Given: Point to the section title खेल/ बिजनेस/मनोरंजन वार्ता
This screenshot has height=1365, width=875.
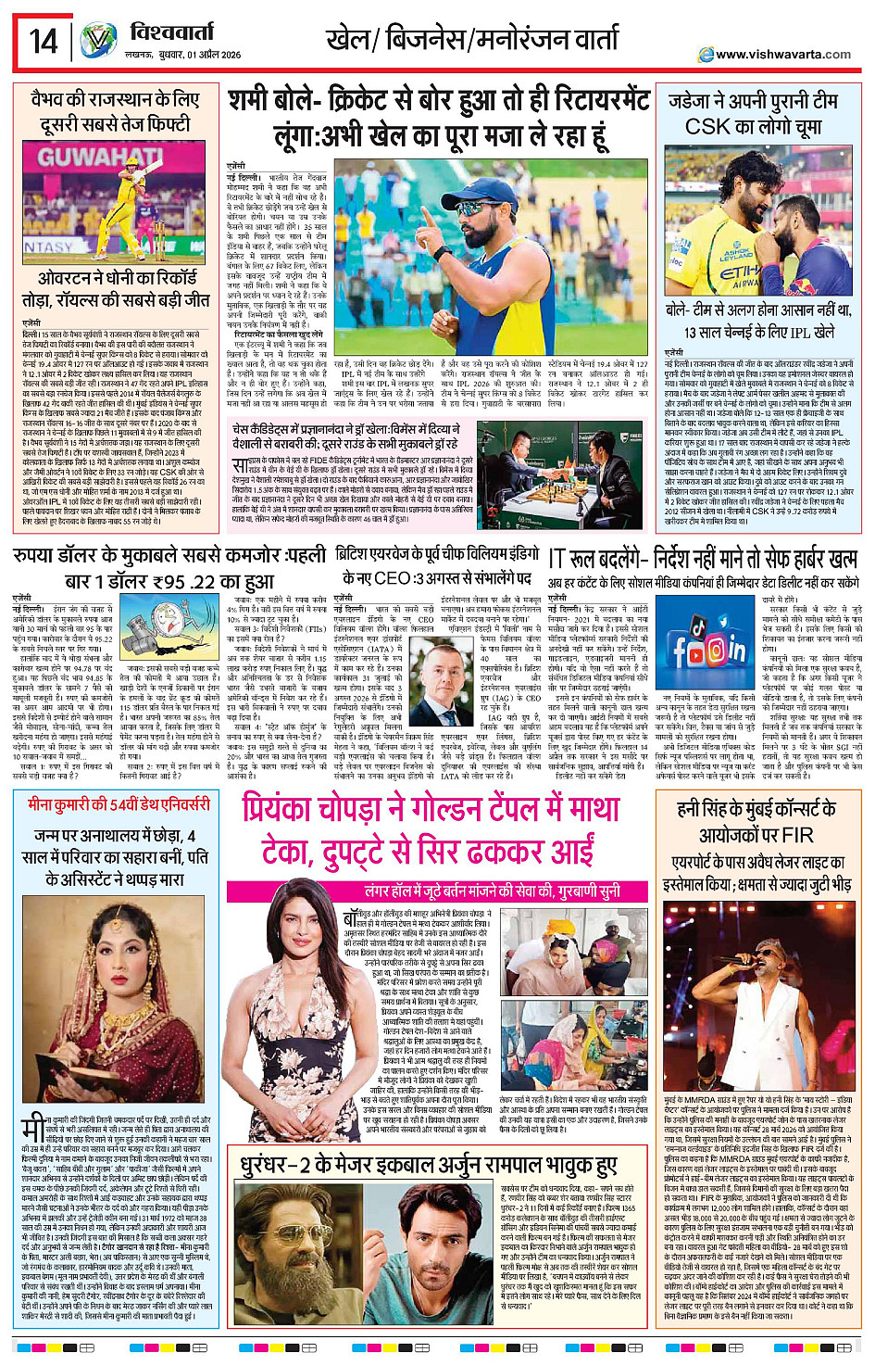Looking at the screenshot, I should coord(471,40).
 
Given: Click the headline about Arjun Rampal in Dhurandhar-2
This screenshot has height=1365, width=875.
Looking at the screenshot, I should coord(429,1165).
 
